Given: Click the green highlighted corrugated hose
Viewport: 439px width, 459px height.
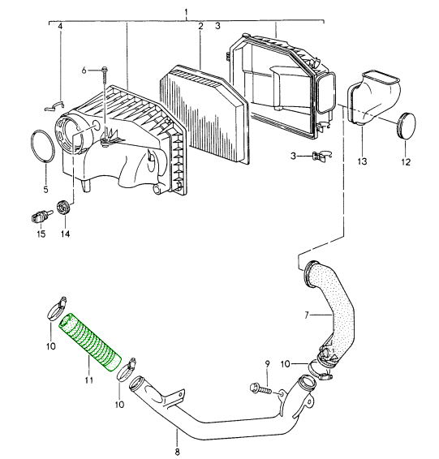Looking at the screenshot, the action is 90,341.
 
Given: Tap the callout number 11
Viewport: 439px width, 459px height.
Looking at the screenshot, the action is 89,380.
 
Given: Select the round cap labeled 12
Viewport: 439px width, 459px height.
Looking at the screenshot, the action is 407,125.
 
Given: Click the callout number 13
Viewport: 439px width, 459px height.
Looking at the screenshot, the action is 362,161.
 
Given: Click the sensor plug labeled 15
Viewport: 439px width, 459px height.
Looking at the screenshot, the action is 41,217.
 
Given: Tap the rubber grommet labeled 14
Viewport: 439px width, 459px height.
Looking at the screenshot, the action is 63,207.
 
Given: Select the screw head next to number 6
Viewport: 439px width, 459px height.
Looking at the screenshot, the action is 104,70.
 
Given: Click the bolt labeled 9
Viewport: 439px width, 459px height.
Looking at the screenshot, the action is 260,388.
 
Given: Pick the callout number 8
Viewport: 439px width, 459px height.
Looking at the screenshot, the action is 178,452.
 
